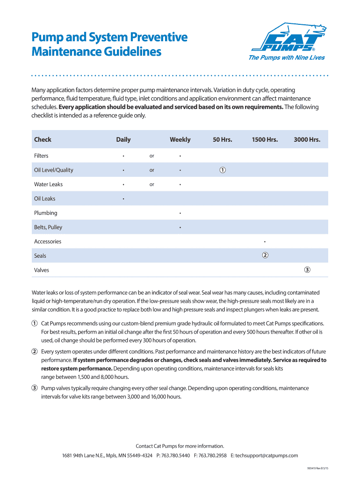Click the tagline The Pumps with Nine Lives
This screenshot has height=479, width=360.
(x=283, y=58)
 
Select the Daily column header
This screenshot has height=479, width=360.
(x=123, y=139)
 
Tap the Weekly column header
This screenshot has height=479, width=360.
(x=180, y=139)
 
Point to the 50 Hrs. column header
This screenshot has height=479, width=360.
(x=223, y=139)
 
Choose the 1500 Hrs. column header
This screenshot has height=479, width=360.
(x=265, y=139)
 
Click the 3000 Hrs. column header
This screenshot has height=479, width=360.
(x=307, y=139)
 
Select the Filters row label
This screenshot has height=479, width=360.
(x=41, y=156)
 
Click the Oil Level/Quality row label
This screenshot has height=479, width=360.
(x=54, y=170)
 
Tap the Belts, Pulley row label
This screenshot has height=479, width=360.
(x=48, y=227)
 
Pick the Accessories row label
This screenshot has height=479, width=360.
(x=48, y=241)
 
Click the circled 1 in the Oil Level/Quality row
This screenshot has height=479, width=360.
(x=223, y=170)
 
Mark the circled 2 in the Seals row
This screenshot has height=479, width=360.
(x=265, y=255)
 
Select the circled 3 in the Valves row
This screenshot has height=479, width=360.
(x=307, y=270)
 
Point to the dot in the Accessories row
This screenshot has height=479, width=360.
(x=265, y=242)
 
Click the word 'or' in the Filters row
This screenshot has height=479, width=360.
(x=151, y=156)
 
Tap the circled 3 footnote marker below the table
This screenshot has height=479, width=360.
(x=35, y=388)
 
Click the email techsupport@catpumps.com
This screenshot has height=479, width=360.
(x=266, y=455)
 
